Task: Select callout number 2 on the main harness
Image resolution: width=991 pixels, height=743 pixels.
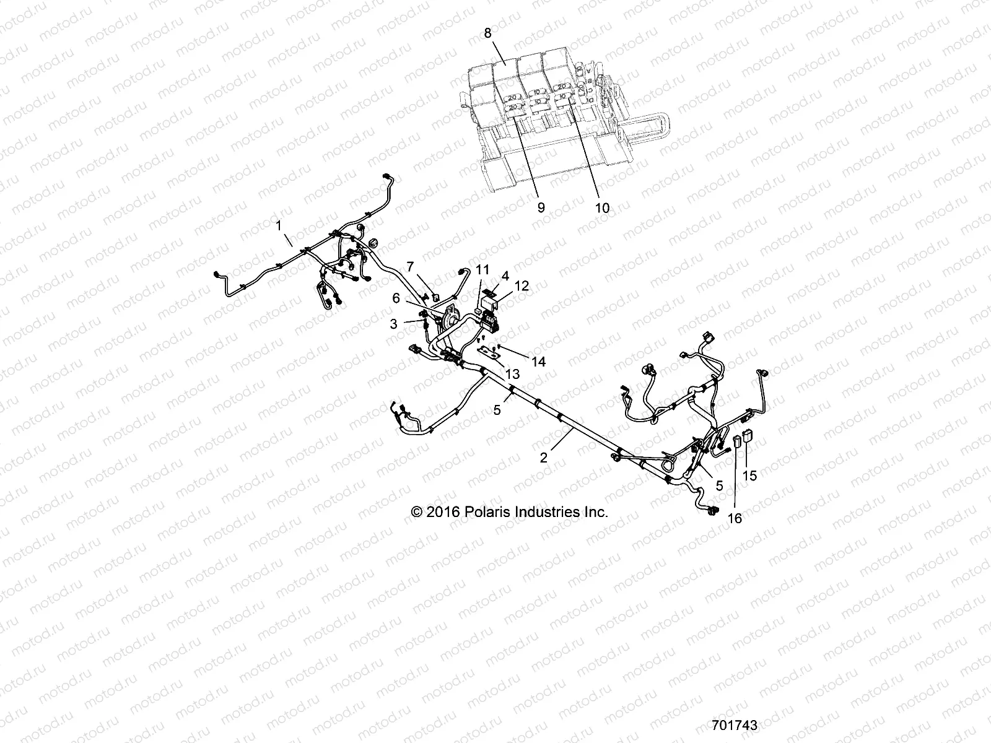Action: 544,458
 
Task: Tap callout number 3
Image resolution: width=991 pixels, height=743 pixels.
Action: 393,323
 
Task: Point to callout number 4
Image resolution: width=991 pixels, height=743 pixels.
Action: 505,275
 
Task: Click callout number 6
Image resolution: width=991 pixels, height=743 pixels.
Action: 396,298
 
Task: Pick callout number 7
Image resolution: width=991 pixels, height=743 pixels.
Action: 427,266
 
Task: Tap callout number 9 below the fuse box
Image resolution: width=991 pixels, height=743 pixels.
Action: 541,207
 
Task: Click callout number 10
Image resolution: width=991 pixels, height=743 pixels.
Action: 602,207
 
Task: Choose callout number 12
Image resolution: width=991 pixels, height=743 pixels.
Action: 522,286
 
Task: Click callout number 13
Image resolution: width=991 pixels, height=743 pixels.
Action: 512,374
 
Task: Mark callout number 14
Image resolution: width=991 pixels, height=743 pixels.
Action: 539,362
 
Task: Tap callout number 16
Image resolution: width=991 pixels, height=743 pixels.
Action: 735,518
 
